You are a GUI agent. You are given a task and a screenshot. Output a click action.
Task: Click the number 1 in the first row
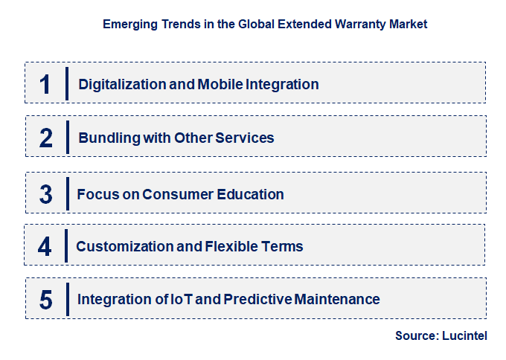tap(45, 85)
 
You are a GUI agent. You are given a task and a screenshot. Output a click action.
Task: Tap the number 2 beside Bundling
tap(46, 138)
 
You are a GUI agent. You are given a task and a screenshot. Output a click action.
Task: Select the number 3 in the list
tap(46, 195)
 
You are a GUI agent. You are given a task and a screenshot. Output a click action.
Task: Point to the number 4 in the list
tap(45, 247)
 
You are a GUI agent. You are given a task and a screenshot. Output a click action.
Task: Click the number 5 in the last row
tap(46, 300)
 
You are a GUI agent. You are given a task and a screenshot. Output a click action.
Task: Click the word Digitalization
tap(122, 85)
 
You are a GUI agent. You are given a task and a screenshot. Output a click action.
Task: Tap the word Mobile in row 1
tap(220, 84)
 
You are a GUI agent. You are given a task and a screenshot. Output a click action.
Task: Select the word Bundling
tap(109, 138)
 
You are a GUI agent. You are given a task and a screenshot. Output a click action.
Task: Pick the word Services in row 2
tap(245, 138)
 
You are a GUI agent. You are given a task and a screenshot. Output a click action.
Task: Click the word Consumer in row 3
tap(178, 194)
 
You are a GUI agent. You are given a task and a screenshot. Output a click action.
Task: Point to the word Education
tap(250, 194)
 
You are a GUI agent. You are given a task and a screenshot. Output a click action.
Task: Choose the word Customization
tap(125, 246)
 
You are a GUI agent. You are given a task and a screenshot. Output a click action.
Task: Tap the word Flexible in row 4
tap(231, 246)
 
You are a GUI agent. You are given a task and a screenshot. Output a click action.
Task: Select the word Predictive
tap(257, 299)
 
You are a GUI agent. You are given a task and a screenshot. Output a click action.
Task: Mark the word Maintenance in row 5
tap(337, 299)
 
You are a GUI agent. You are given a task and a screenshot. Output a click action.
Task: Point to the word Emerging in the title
tap(130, 25)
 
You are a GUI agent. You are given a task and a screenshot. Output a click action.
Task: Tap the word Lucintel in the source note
tap(464, 335)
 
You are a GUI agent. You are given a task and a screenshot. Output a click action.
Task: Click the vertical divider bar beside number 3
tap(68, 194)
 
